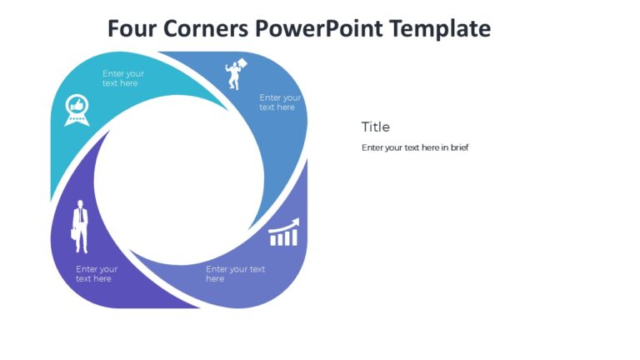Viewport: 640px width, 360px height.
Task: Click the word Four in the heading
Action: pos(134,28)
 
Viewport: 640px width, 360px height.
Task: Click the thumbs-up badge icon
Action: pos(77,110)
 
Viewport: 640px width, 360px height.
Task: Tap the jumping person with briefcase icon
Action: pos(237,73)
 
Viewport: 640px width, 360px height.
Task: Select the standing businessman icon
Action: pos(80,225)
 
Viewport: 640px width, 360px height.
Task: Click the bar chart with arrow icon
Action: pos(283,233)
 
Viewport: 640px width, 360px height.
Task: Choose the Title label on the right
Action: pos(375,127)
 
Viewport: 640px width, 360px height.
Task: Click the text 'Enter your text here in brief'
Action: pos(415,147)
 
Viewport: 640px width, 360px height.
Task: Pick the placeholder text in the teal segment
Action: pos(122,78)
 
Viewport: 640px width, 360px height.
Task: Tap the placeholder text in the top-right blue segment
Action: pos(280,102)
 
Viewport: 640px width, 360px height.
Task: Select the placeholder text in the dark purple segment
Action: pos(97,274)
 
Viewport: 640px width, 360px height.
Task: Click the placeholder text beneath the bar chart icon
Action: pos(235,274)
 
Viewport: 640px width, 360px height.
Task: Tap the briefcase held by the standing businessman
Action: pos(75,238)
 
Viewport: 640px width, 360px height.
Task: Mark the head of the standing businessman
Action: pos(81,203)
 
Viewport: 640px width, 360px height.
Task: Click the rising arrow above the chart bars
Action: pos(284,225)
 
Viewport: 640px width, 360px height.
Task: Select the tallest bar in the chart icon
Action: pos(294,237)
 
